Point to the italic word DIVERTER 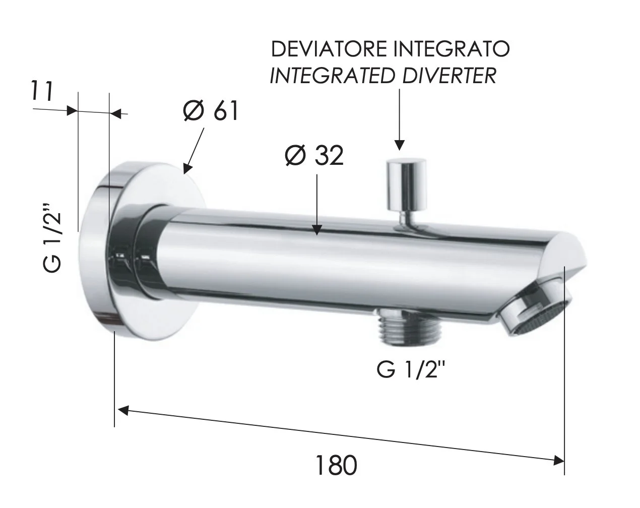[x=450, y=76]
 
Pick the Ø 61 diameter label [x=211, y=111]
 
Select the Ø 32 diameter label [x=314, y=156]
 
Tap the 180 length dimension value [x=336, y=466]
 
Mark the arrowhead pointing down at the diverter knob [x=400, y=145]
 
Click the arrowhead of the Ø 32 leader [x=317, y=230]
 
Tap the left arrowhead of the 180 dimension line [x=124, y=410]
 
